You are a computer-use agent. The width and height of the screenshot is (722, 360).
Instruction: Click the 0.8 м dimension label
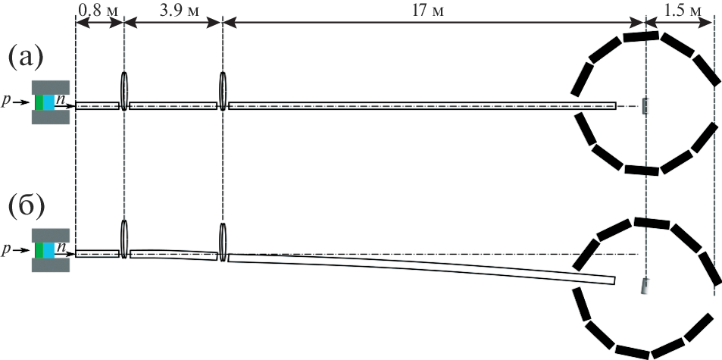coord(98,10)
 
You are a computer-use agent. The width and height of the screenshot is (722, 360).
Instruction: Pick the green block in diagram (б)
coord(39,250)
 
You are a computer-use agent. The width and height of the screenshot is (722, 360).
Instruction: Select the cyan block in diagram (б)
coord(48,250)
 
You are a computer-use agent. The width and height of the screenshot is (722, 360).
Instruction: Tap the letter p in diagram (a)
coord(6,102)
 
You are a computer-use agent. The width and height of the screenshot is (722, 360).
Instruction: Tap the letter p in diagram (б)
coord(6,251)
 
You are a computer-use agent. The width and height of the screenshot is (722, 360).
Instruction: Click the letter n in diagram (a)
coord(60,99)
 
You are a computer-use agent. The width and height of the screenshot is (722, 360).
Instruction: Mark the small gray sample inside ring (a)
coord(645,106)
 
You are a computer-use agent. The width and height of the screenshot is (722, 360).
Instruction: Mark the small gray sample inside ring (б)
coord(645,286)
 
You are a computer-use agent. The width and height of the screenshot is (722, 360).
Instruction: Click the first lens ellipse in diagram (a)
coord(123,91)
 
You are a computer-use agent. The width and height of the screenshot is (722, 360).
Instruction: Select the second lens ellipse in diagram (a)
coord(223,91)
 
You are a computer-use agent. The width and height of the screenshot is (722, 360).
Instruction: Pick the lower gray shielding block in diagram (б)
coord(51,265)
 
